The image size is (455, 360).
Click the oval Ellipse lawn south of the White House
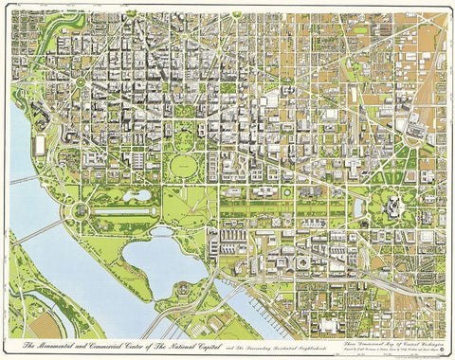[183, 167]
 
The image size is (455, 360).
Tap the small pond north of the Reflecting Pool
[140, 195]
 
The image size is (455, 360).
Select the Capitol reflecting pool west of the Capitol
[358, 206]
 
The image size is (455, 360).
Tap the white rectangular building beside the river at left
[40, 147]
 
